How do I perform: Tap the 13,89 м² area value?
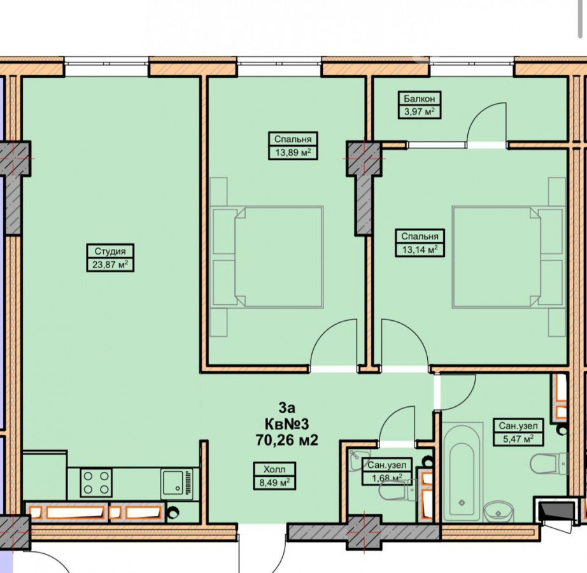293,153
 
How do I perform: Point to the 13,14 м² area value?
420,250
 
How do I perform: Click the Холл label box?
274,476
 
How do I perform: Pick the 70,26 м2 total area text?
286,440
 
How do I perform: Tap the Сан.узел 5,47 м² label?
518,432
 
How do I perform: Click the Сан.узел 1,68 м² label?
386,471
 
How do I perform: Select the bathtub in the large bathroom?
462,472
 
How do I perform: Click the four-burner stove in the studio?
96,483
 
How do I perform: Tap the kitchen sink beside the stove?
177,484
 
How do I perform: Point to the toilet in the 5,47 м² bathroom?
549,463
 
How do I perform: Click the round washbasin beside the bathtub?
499,511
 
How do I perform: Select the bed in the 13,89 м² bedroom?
267,257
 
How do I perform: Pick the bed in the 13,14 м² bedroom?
509,257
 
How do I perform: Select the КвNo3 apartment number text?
286,424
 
